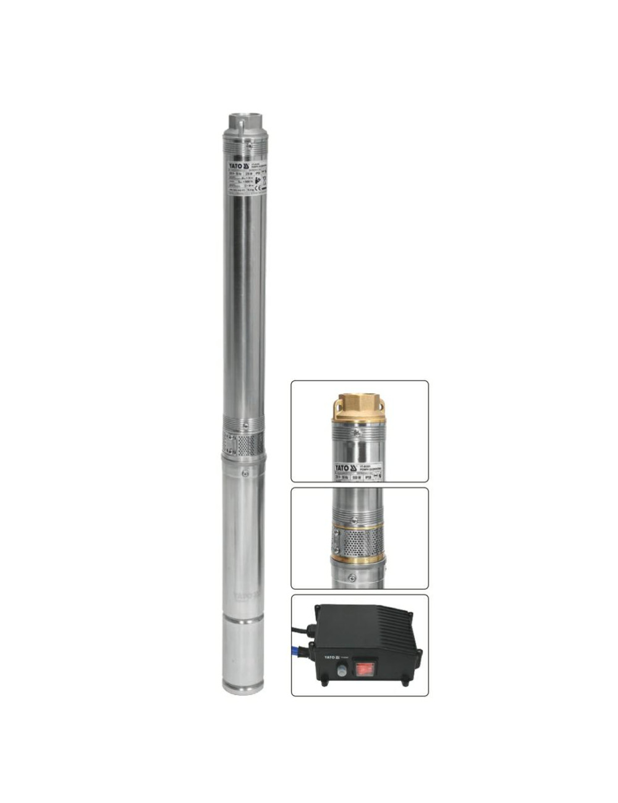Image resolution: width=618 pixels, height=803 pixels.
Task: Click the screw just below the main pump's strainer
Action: (245, 473)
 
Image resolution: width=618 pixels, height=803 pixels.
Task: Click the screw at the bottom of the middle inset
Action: (352, 579)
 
